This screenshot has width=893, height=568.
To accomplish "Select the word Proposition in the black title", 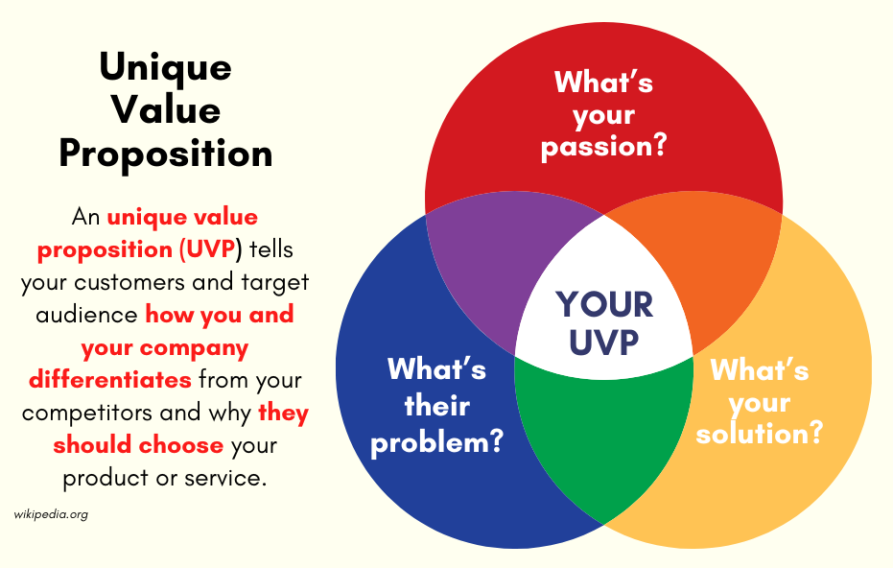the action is (166, 154).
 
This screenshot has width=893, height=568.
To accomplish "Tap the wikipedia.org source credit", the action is (51, 514).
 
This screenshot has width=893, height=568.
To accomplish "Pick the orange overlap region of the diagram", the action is (712, 268).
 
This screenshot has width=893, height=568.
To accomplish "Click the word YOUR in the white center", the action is (604, 304).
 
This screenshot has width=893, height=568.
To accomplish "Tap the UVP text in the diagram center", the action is (603, 342).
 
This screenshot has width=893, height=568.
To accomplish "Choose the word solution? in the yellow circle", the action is (760, 433).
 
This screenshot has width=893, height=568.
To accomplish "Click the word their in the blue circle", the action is (437, 406).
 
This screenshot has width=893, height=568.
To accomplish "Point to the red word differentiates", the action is (110, 379).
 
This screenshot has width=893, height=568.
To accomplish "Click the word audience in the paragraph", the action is (86, 315).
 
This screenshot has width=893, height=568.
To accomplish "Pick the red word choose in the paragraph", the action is (181, 445).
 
